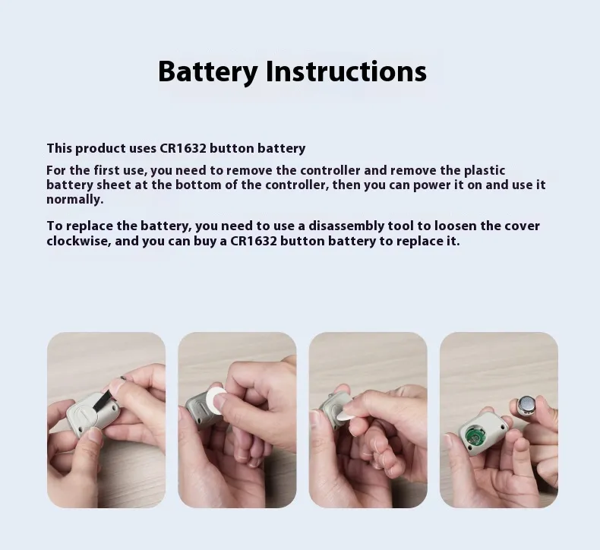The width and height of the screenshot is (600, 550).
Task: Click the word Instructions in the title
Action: pyautogui.click(x=346, y=71)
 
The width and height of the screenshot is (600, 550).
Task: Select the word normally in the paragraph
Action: pyautogui.click(x=75, y=199)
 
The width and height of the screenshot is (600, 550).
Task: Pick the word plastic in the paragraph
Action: pyautogui.click(x=485, y=171)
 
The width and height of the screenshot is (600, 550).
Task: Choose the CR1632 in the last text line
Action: pyautogui.click(x=254, y=241)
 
